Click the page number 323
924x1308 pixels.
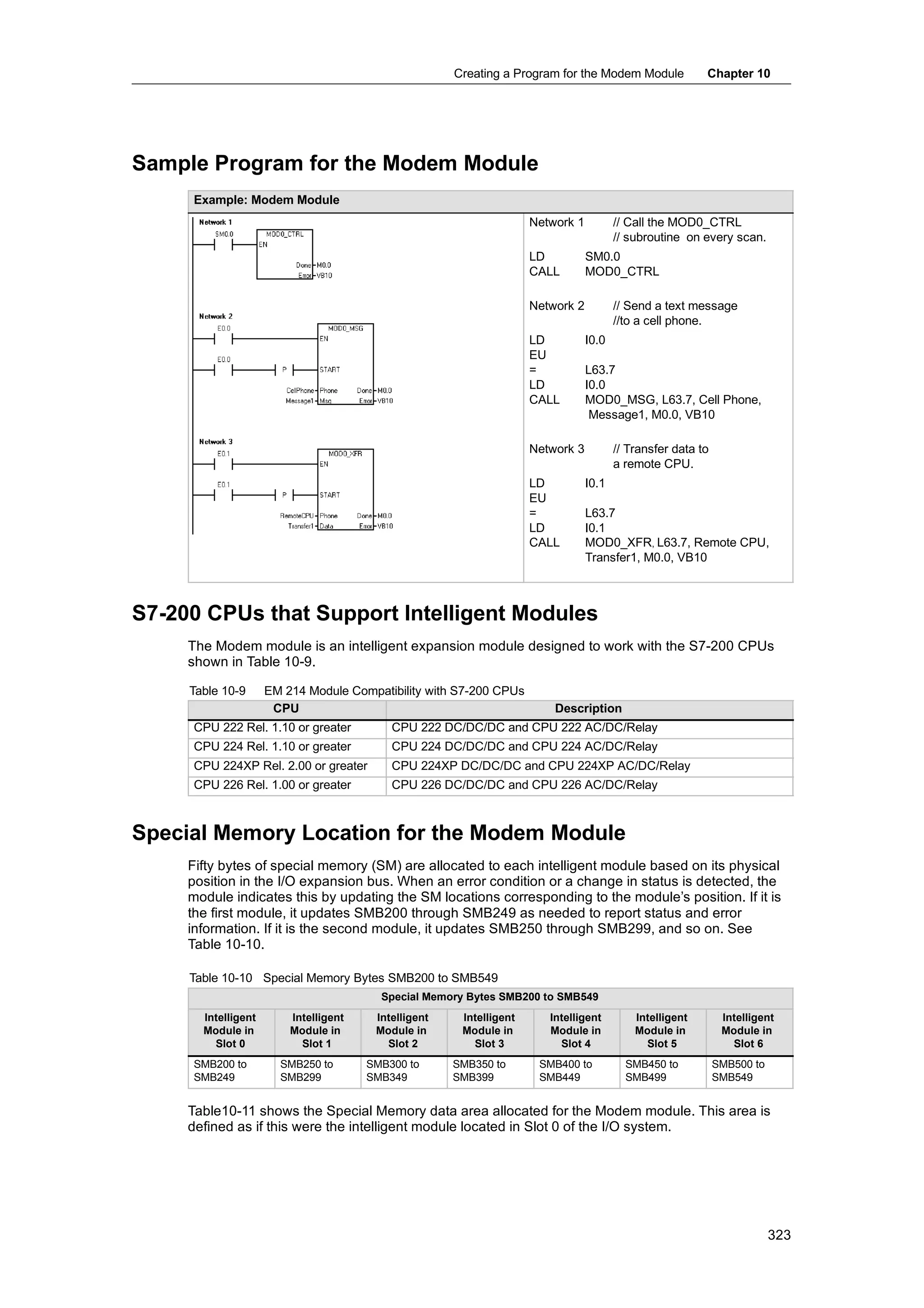pyautogui.click(x=778, y=1235)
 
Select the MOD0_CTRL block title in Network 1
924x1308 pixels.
pyautogui.click(x=285, y=234)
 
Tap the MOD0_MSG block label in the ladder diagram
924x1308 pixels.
pyautogui.click(x=345, y=329)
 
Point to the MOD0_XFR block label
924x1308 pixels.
pyautogui.click(x=345, y=454)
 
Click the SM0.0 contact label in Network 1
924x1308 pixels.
pyautogui.click(x=224, y=234)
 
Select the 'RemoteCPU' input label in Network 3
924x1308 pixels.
pyautogui.click(x=296, y=515)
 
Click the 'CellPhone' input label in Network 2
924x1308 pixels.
pyautogui.click(x=300, y=391)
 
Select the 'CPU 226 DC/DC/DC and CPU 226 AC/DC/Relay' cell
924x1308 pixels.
pyautogui.click(x=524, y=785)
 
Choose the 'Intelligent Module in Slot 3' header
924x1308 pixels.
pyautogui.click(x=489, y=1030)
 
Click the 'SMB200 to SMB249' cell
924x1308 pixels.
pyautogui.click(x=220, y=1071)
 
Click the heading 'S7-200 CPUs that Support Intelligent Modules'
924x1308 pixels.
pyautogui.click(x=365, y=613)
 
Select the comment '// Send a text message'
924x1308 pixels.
pyautogui.click(x=675, y=306)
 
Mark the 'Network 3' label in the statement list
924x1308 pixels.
pyautogui.click(x=556, y=449)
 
